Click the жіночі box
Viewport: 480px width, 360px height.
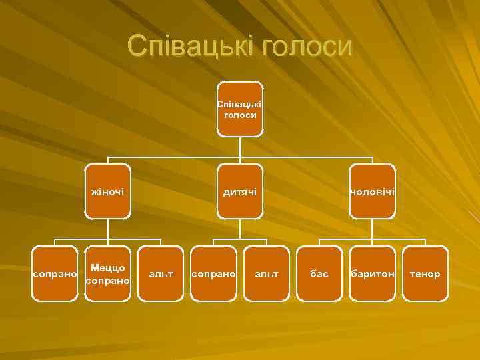[107, 192]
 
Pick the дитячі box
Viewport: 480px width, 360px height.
[240, 192]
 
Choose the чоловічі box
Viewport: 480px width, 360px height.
[373, 192]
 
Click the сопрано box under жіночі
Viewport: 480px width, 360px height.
[55, 274]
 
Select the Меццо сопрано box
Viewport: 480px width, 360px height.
[108, 274]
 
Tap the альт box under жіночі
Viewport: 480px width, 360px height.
[161, 274]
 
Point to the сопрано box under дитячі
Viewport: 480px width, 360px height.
[214, 274]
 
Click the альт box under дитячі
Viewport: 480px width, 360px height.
[267, 274]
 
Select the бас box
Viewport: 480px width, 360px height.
[319, 274]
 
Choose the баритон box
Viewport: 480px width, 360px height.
[373, 274]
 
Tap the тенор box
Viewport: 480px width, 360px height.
[425, 274]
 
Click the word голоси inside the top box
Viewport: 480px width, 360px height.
[240, 115]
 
